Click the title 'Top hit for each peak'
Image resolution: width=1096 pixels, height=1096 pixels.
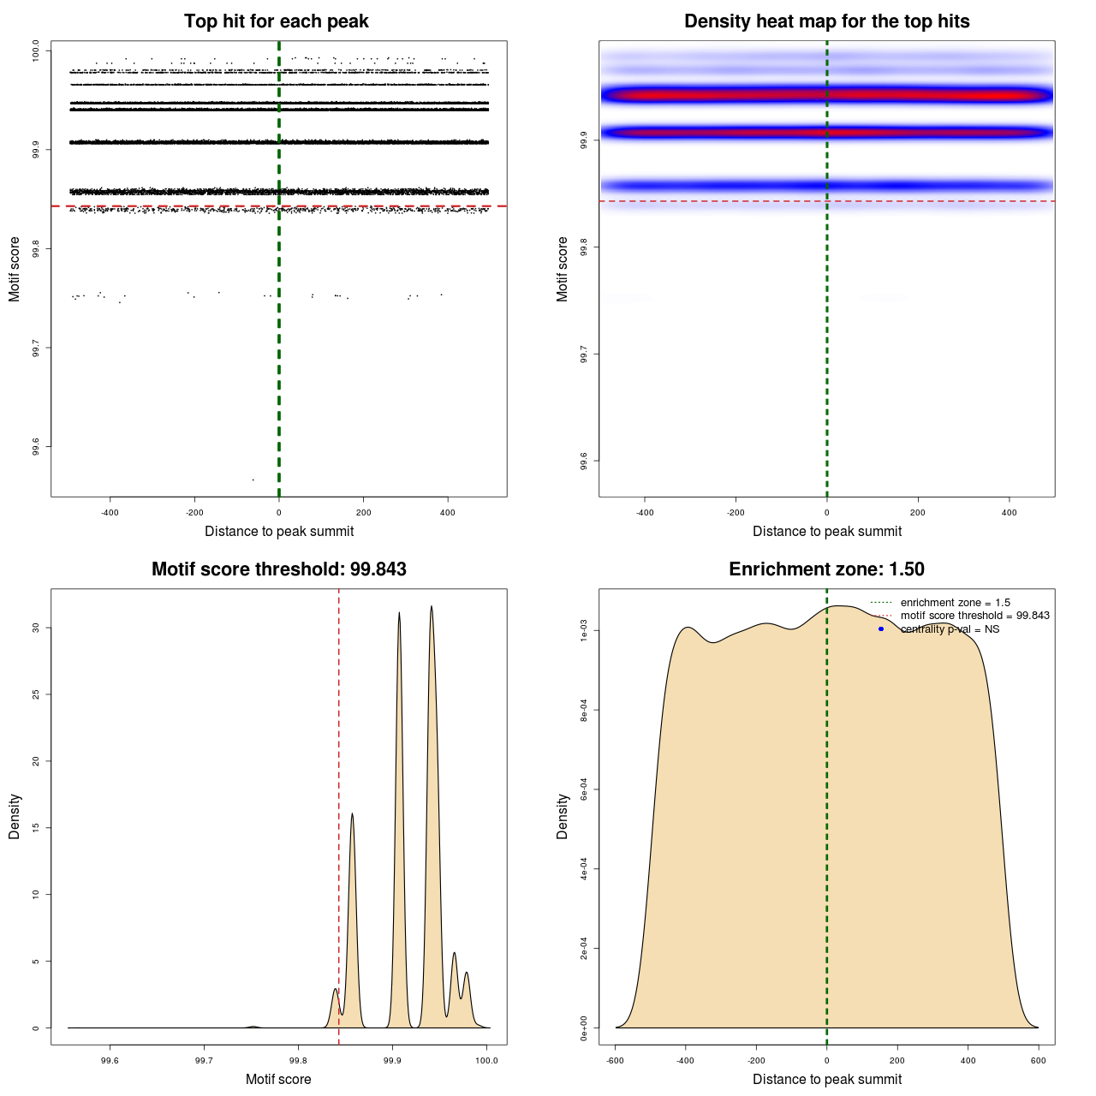(277, 21)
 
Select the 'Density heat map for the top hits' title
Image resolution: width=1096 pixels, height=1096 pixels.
(826, 21)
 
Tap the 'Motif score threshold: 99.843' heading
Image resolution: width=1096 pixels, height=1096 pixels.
(278, 569)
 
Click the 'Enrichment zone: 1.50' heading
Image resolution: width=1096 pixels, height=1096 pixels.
(826, 569)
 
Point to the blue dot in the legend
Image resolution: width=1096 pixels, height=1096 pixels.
(881, 629)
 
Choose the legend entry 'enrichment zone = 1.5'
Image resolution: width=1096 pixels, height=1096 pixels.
(955, 603)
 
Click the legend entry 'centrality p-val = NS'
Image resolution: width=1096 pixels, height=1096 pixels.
(950, 629)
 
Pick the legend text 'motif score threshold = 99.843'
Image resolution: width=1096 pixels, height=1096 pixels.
(974, 616)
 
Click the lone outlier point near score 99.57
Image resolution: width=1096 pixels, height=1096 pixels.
(253, 479)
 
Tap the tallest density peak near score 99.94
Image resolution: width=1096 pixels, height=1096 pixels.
(432, 607)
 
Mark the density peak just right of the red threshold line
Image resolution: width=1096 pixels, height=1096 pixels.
(352, 814)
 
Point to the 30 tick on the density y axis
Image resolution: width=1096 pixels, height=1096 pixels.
(36, 628)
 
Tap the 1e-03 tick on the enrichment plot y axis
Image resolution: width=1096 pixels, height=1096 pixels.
(584, 631)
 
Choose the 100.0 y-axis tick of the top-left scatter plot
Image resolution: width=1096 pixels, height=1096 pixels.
(36, 51)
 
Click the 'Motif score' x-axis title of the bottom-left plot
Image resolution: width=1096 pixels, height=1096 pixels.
(278, 1079)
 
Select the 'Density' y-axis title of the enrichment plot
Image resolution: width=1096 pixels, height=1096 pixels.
(563, 816)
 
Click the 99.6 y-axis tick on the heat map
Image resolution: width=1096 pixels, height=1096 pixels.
(584, 461)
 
